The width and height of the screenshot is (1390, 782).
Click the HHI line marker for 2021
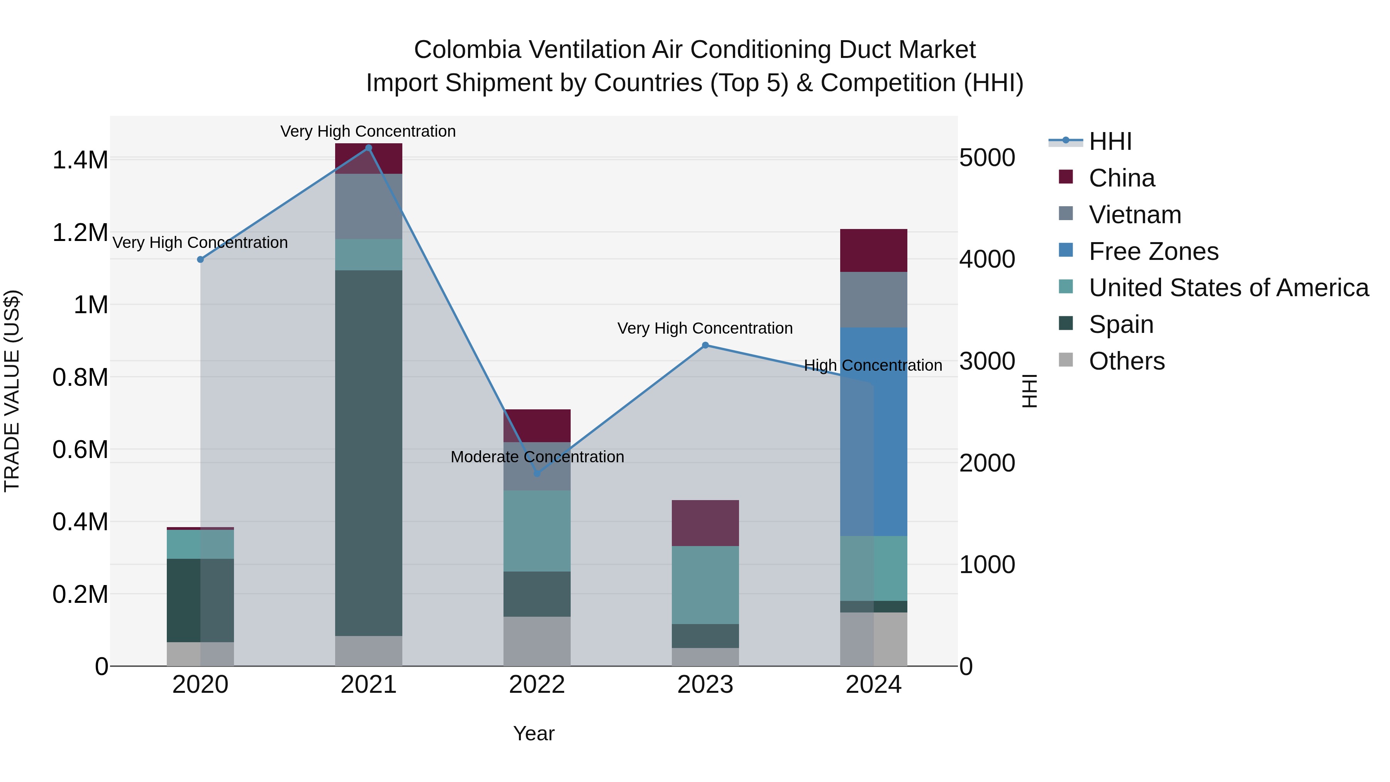(x=369, y=148)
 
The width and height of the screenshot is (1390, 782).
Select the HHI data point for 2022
(x=537, y=473)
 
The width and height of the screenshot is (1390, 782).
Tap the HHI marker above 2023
(x=705, y=345)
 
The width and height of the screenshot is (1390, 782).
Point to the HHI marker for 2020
(x=200, y=260)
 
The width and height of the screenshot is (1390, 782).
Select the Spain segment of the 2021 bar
(x=369, y=453)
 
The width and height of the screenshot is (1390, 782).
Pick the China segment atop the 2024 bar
(x=874, y=250)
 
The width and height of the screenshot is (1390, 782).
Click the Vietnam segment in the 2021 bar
(x=369, y=206)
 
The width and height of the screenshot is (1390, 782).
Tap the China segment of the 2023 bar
(x=705, y=523)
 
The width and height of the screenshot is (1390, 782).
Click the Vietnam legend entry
(x=1135, y=215)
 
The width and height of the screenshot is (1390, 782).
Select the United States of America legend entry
(x=1229, y=288)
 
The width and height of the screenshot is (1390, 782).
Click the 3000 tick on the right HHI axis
(x=987, y=361)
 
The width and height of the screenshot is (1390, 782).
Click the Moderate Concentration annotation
(x=537, y=457)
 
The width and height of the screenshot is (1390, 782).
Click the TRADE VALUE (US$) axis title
(x=12, y=391)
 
